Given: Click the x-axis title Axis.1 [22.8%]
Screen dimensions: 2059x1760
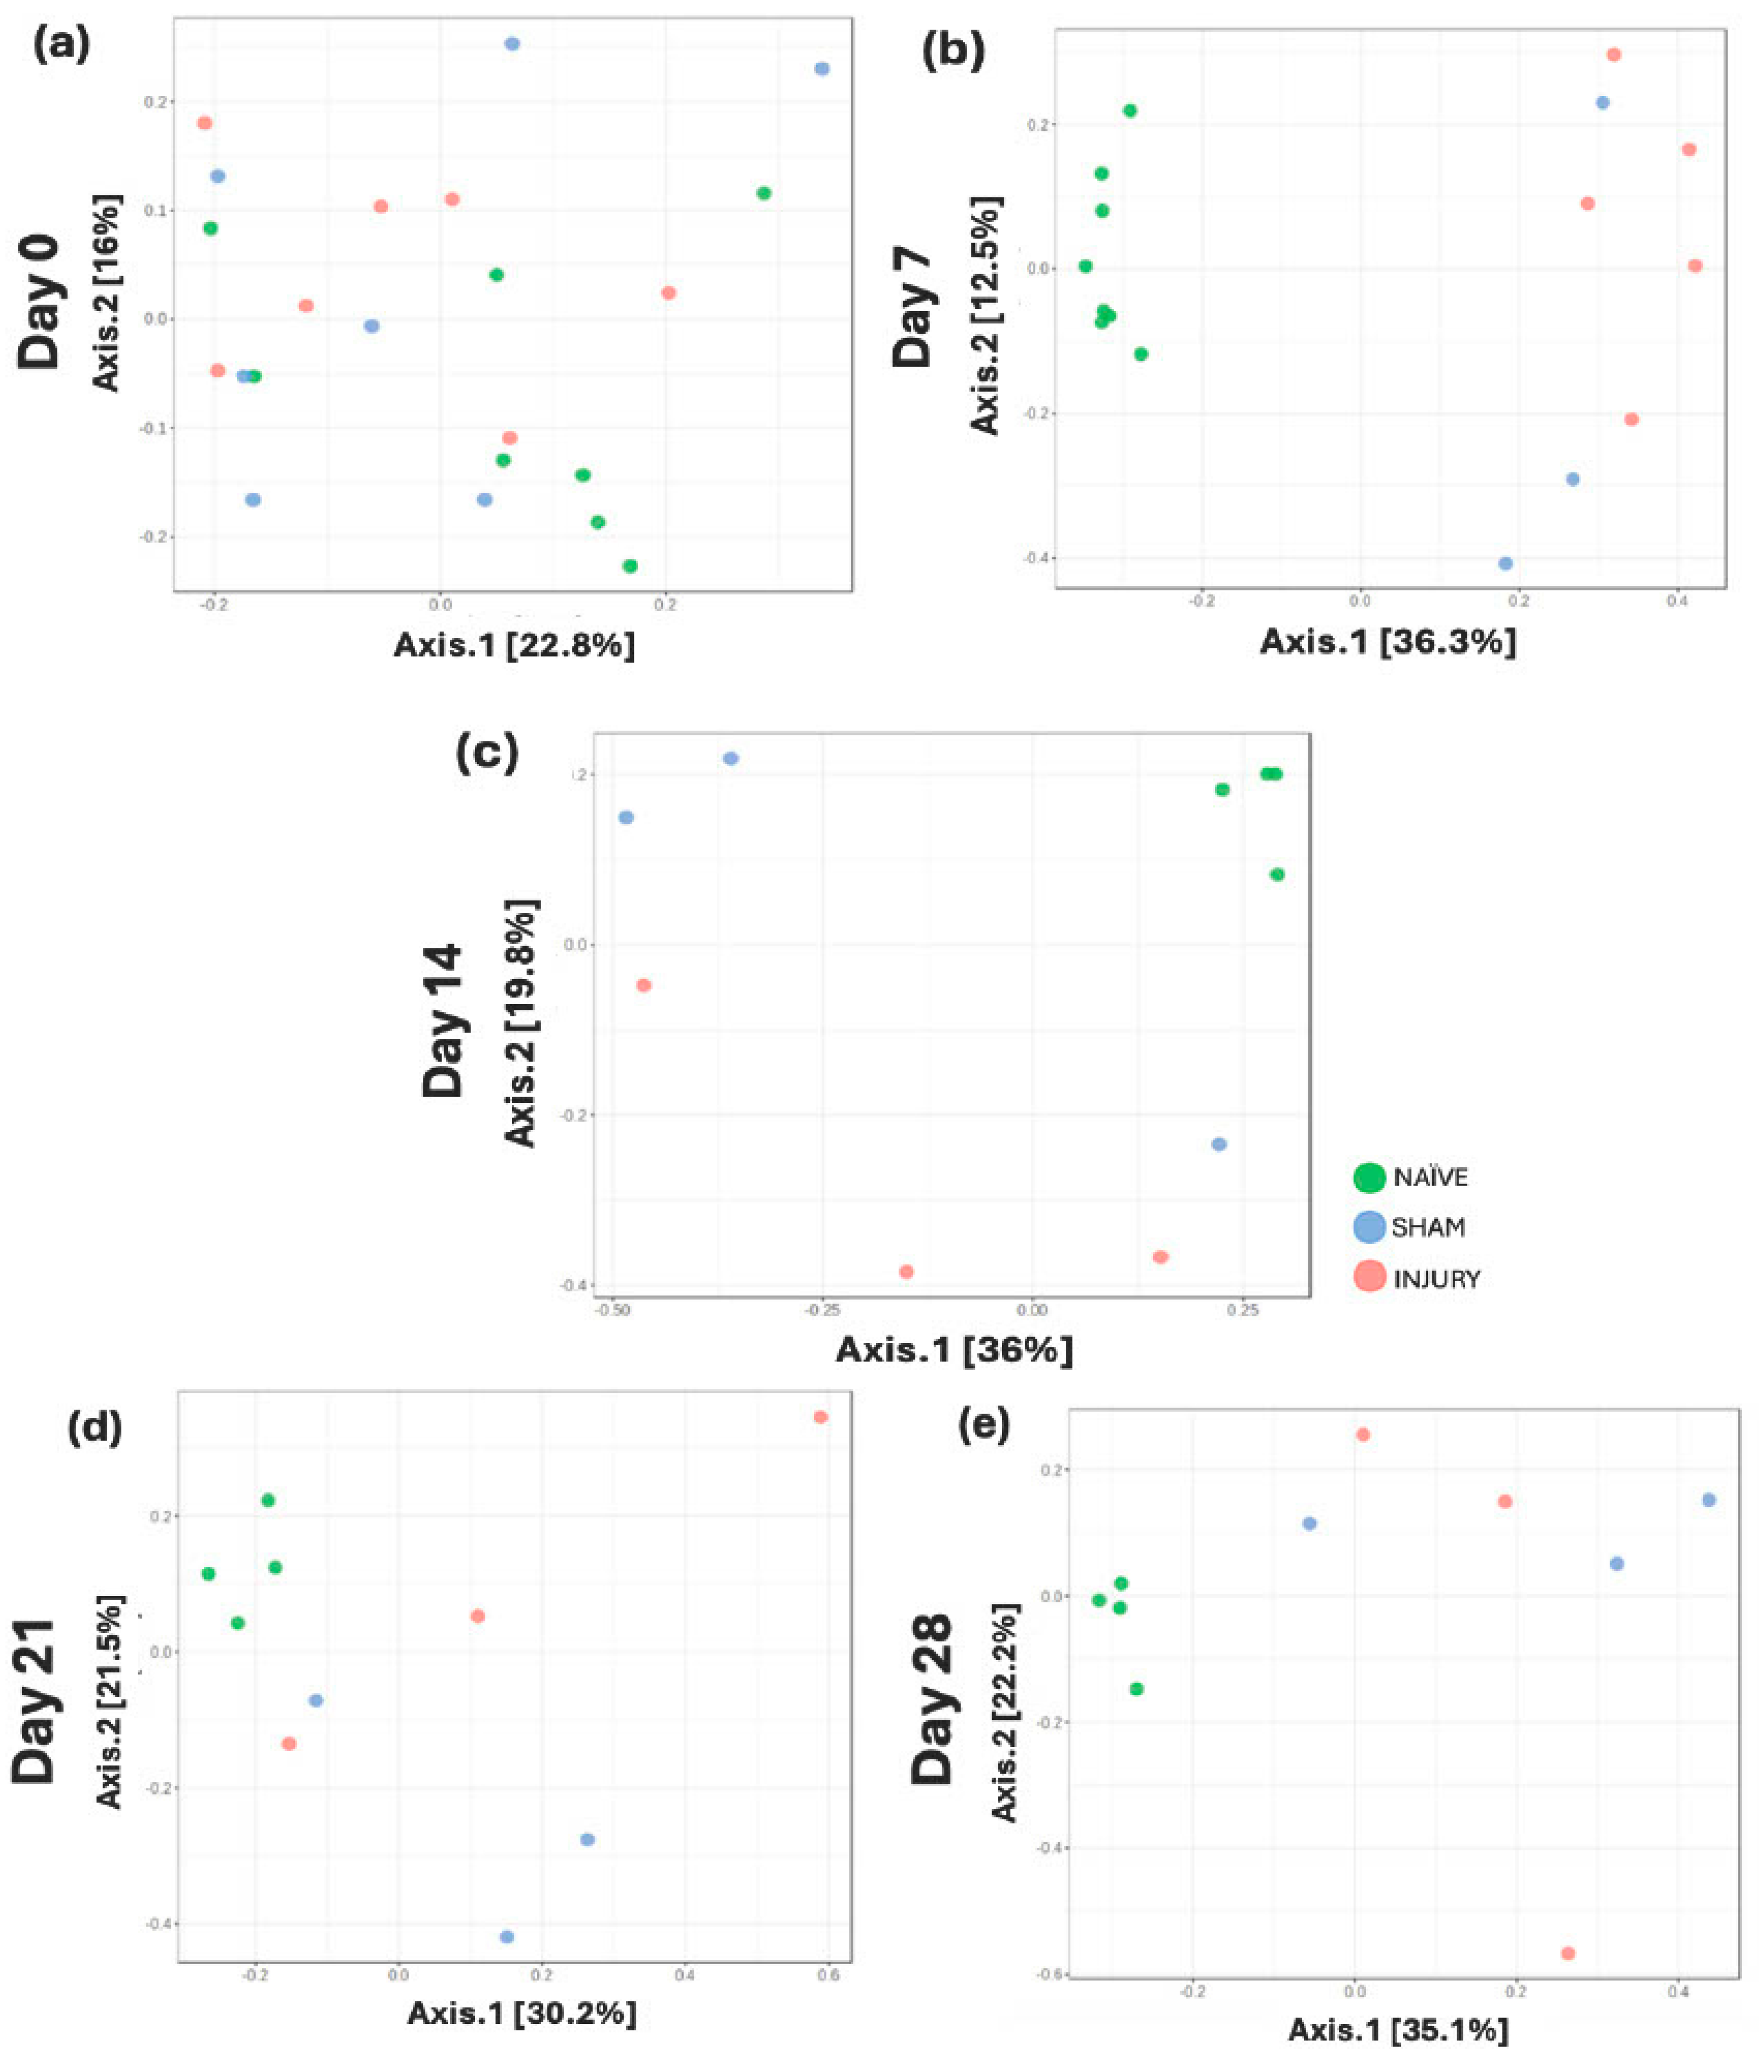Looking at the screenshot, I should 514,645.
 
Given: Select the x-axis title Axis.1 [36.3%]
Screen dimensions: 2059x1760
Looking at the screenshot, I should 1388,642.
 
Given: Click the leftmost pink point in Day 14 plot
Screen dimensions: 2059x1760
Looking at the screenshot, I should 643,985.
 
